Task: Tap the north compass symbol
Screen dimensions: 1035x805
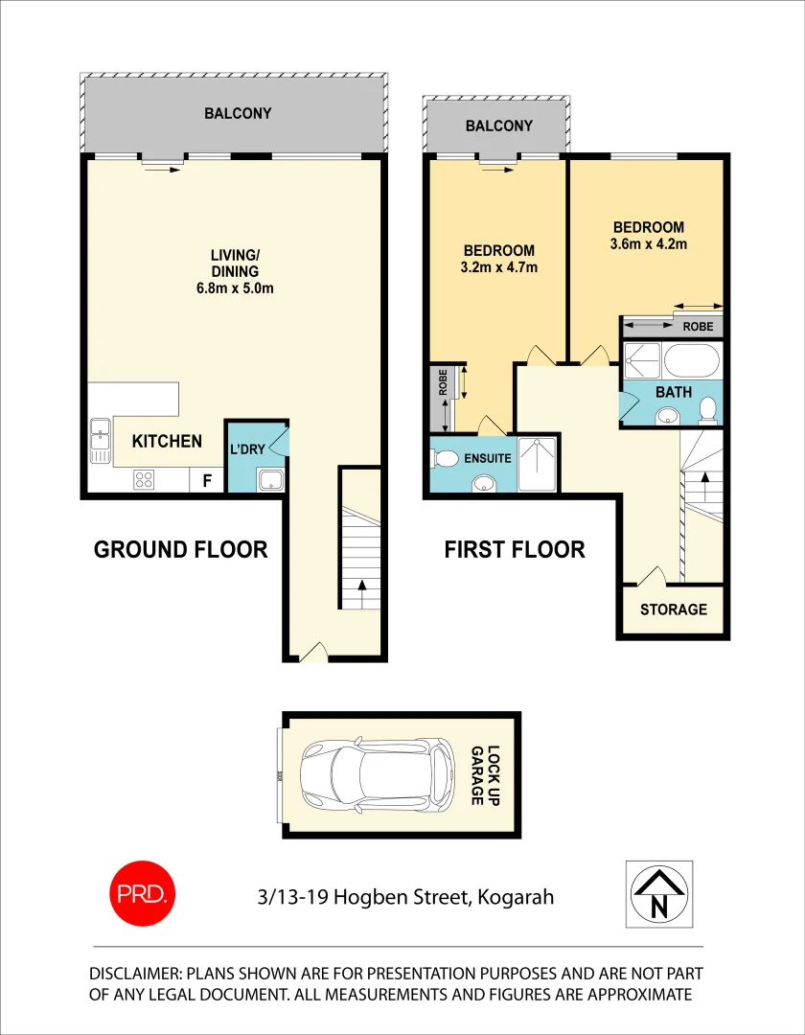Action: (x=657, y=892)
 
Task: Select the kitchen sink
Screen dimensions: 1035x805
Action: (x=101, y=440)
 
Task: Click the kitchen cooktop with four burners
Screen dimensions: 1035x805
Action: (x=145, y=479)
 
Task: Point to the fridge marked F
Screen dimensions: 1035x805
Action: (x=206, y=480)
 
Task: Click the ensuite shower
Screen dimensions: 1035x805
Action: (x=538, y=465)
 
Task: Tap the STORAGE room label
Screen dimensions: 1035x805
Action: (x=673, y=609)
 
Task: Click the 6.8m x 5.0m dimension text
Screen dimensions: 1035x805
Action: (x=236, y=288)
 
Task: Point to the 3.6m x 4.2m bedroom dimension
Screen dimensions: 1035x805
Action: (x=649, y=244)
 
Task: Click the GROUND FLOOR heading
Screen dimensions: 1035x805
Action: (x=180, y=549)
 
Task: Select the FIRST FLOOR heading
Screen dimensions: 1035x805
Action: (x=514, y=549)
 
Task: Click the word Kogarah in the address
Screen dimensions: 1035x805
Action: (x=517, y=897)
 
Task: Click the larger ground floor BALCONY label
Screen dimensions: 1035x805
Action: (x=238, y=113)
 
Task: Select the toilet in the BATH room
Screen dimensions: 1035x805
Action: (x=707, y=410)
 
